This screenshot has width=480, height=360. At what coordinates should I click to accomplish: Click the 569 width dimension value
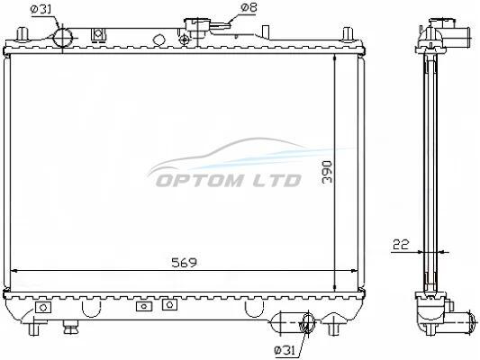pyautogui.click(x=185, y=263)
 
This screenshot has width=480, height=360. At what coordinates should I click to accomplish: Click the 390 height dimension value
pyautogui.click(x=327, y=172)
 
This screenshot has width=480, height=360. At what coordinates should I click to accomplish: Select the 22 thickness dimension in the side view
pyautogui.click(x=401, y=245)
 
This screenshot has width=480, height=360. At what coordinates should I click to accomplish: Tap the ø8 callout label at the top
pyautogui.click(x=249, y=7)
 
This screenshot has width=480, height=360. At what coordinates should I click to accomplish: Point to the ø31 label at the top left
pyautogui.click(x=41, y=9)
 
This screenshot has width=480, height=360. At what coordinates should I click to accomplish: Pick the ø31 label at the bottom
pyautogui.click(x=285, y=350)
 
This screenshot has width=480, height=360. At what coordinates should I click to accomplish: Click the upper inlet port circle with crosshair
pyautogui.click(x=63, y=38)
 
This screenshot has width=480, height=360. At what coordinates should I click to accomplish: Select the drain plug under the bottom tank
pyautogui.click(x=70, y=328)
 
